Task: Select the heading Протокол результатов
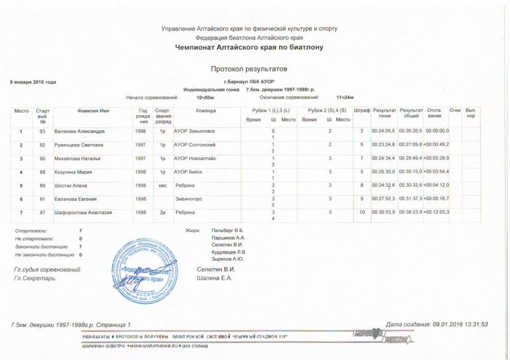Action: [250, 67]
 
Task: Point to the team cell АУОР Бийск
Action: [190, 171]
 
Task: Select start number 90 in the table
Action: [42, 158]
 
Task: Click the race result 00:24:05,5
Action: [384, 131]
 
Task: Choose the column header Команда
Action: [206, 111]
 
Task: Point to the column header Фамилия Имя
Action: [93, 111]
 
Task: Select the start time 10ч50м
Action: [205, 97]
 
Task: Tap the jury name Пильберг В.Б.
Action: [228, 229]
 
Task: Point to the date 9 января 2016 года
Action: [33, 82]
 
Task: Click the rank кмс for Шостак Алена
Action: [163, 185]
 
